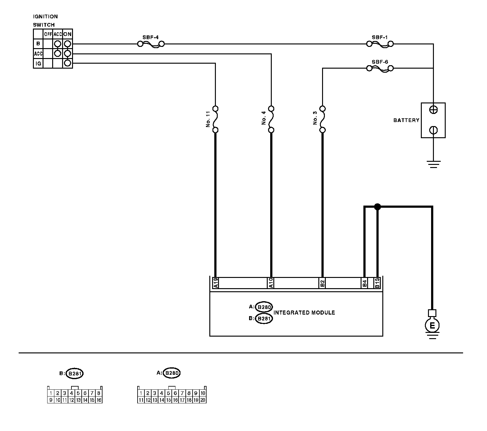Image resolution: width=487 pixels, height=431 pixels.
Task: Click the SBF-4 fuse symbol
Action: (151, 44)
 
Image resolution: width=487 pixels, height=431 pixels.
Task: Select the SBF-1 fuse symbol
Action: (380, 44)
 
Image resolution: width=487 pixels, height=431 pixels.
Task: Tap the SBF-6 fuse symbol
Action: (380, 68)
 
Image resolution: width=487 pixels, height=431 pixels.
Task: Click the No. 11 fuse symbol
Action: (215, 119)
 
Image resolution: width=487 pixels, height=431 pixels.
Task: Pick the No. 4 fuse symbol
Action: (271, 119)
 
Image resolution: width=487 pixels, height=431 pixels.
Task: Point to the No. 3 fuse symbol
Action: (322, 119)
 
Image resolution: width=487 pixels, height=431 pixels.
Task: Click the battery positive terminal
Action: (433, 110)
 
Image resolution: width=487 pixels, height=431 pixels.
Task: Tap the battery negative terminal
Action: (433, 130)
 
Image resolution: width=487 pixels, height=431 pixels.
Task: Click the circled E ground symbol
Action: (432, 326)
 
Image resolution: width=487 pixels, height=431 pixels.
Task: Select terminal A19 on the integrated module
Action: (216, 283)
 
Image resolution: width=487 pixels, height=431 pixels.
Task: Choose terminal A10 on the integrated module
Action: (271, 283)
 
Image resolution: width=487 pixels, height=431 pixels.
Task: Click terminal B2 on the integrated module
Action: (322, 283)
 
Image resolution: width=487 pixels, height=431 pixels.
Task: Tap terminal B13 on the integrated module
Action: (377, 283)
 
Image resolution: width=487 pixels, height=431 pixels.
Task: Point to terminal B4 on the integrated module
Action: (365, 283)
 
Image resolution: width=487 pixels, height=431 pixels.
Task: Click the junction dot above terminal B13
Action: (377, 206)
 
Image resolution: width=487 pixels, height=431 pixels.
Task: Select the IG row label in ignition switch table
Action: (38, 64)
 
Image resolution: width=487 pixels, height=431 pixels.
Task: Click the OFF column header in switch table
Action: (48, 34)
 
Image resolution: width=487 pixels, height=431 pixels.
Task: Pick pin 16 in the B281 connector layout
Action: (99, 400)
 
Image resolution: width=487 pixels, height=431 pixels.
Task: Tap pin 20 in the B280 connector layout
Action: (203, 400)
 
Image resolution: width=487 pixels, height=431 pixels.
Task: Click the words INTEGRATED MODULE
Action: (304, 313)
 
